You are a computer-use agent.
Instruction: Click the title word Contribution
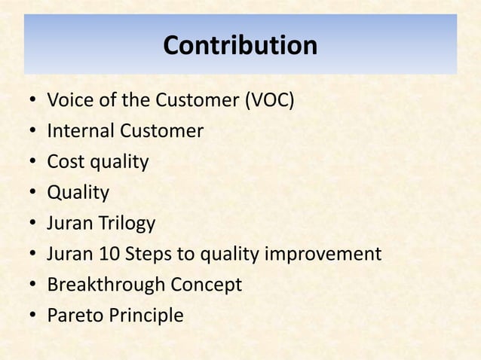[x=240, y=46]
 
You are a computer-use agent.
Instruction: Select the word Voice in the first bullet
[x=67, y=100]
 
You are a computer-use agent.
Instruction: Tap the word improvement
[x=323, y=255]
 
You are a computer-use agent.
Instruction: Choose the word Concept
[x=206, y=285]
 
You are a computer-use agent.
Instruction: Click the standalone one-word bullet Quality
[x=78, y=193]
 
